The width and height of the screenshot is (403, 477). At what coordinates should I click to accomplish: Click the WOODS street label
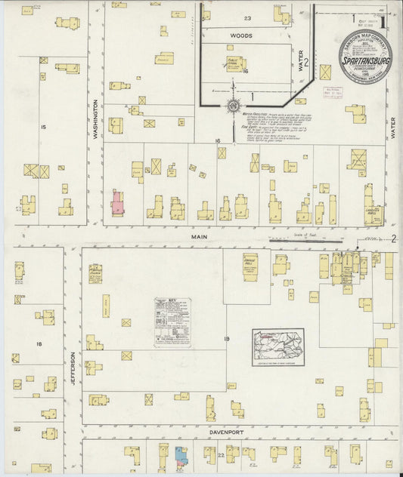pyautogui.click(x=241, y=35)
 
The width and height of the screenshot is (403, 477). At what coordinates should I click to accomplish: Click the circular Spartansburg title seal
pyautogui.click(x=365, y=57)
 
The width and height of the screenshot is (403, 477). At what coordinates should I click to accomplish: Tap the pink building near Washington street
pyautogui.click(x=117, y=203)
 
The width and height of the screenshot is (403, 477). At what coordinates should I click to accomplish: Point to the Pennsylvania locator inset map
pyautogui.click(x=277, y=346)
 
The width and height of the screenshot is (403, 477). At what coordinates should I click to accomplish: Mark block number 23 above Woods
pyautogui.click(x=246, y=17)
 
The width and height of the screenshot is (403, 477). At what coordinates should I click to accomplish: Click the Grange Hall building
pyautogui.click(x=250, y=267)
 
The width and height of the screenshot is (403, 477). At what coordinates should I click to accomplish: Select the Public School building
pyautogui.click(x=234, y=63)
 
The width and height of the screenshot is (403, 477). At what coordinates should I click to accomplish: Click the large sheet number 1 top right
pyautogui.click(x=383, y=22)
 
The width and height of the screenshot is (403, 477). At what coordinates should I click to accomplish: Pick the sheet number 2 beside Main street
pyautogui.click(x=393, y=239)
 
